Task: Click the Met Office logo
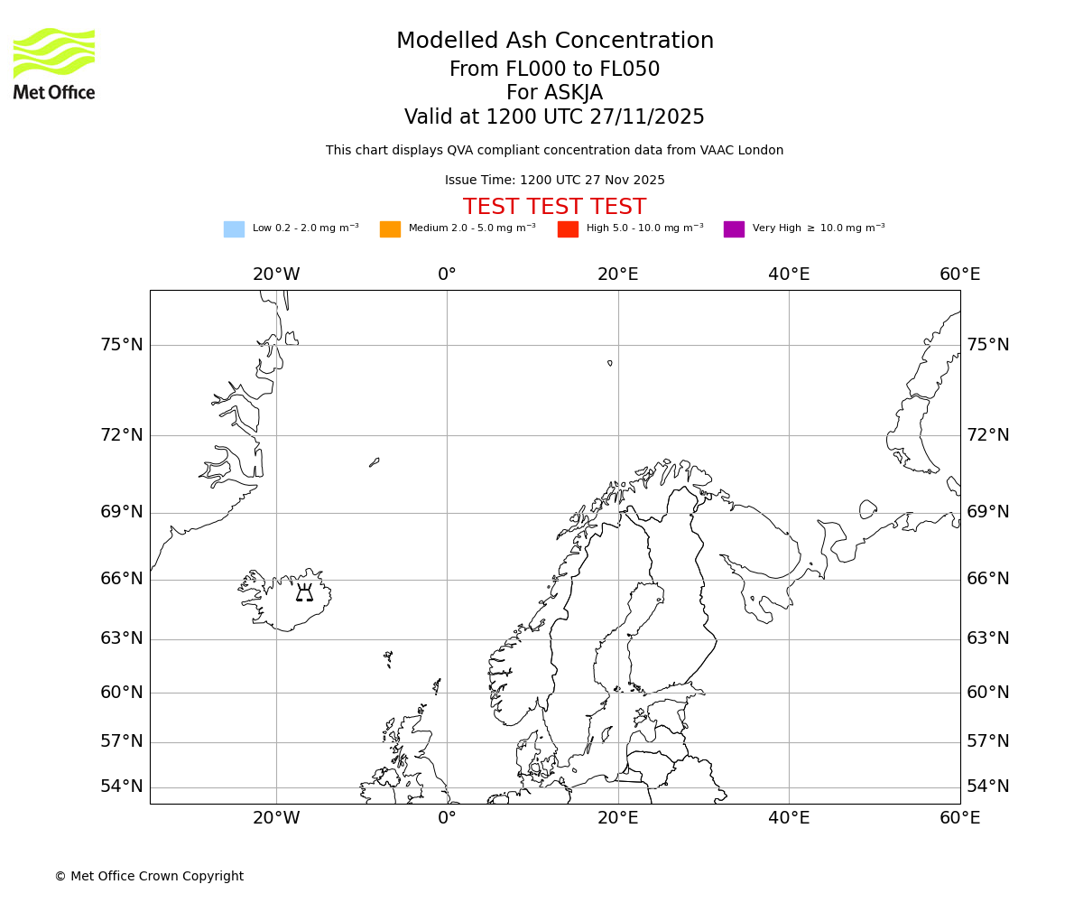click(x=54, y=63)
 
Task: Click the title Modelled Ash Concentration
click(x=555, y=42)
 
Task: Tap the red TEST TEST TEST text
click(x=554, y=207)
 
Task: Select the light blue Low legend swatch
click(x=234, y=229)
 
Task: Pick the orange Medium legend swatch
click(x=390, y=229)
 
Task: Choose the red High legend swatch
click(x=568, y=229)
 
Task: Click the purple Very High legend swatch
click(x=734, y=229)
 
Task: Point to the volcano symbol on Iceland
click(x=304, y=592)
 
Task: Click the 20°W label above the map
click(x=276, y=275)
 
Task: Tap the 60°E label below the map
click(x=959, y=818)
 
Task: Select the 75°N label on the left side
click(x=122, y=345)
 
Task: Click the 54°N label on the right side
click(x=988, y=787)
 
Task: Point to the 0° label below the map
click(x=447, y=818)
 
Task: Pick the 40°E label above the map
click(x=789, y=275)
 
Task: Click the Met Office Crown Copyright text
click(x=149, y=876)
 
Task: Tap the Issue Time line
click(x=554, y=181)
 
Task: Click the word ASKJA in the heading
click(x=573, y=93)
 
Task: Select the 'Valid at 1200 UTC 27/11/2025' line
click(x=554, y=117)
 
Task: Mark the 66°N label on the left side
click(x=122, y=579)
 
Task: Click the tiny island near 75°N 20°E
click(x=610, y=363)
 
